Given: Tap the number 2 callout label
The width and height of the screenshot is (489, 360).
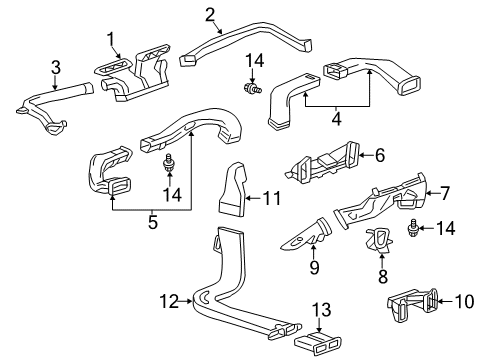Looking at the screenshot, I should [210, 13].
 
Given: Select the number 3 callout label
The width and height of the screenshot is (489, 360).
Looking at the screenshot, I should [56, 67].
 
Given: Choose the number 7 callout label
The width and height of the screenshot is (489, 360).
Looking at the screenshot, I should [445, 191].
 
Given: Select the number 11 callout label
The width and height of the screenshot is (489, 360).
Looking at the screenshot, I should [270, 200].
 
